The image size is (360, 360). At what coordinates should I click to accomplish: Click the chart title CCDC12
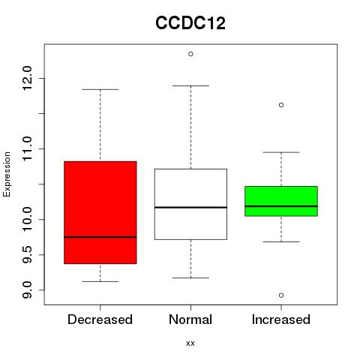coord(190,23)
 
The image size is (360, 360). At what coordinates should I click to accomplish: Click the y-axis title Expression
coord(7,174)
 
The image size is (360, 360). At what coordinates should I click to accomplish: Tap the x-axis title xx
coord(190,343)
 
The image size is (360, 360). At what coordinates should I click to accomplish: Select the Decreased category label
coord(100,319)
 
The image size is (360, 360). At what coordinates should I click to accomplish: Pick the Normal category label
coord(190,319)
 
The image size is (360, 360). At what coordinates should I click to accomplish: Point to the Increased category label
coord(281,319)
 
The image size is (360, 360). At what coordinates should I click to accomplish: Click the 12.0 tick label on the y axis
coord(27,78)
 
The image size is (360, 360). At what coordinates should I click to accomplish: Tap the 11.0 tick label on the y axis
coord(27,148)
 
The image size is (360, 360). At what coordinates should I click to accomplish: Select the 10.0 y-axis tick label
coord(27,219)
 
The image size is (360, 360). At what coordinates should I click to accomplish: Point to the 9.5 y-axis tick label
coord(27,254)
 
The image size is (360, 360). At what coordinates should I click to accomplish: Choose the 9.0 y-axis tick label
coord(27,289)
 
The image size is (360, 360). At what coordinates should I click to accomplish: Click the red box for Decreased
coord(100,212)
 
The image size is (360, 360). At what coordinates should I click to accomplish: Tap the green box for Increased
coord(281,201)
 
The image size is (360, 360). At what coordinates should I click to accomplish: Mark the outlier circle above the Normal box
coord(190,54)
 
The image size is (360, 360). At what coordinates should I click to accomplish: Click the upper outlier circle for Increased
coord(281,105)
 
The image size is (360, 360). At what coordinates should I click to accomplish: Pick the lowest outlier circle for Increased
coord(281,295)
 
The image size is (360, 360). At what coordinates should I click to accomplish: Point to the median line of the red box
coord(100,237)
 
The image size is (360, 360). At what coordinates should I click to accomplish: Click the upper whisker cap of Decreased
coord(100,89)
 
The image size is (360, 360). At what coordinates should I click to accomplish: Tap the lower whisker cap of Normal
coord(190,277)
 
